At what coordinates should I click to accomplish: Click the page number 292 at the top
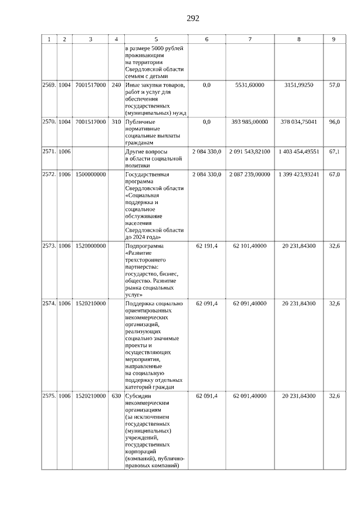pos(193,19)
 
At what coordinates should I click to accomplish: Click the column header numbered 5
pos(156,39)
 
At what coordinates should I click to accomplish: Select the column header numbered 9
pos(334,39)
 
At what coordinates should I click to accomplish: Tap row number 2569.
pos(49,85)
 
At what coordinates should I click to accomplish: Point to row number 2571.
pos(49,152)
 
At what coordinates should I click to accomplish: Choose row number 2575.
pos(49,396)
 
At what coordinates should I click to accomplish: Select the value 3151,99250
pos(299,85)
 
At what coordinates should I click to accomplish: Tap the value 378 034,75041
pos(299,121)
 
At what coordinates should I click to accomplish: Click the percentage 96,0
pos(334,121)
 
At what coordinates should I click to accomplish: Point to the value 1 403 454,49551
pos(299,152)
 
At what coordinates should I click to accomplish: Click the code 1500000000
pos(91,174)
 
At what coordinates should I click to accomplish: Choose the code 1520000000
pos(91,246)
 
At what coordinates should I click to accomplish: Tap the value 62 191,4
pos(206,246)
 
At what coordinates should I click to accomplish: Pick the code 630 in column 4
pos(116,396)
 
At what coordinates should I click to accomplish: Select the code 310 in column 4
pos(116,121)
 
